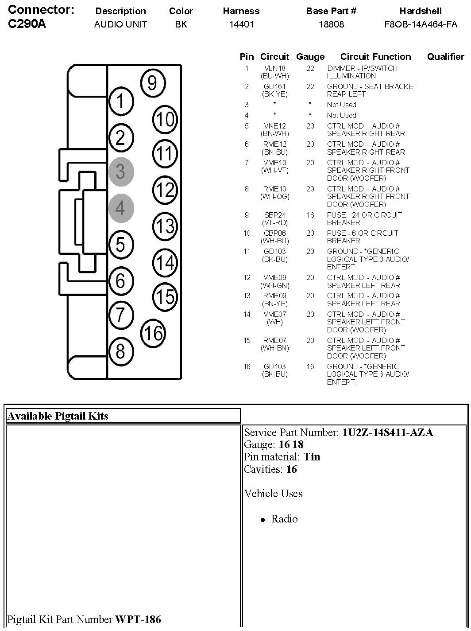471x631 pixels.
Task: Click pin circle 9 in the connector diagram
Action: click(x=152, y=83)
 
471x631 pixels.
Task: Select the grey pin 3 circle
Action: click(x=120, y=171)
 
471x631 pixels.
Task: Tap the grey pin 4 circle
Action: click(x=120, y=208)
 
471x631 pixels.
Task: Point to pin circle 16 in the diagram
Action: click(x=153, y=333)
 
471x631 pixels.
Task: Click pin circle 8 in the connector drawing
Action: click(x=120, y=351)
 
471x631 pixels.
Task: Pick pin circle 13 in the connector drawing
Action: click(x=165, y=226)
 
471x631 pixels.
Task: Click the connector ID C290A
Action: click(x=27, y=24)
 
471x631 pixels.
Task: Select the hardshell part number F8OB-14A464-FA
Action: click(x=421, y=24)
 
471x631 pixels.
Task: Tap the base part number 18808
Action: click(x=331, y=24)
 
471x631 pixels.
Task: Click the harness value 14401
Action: click(x=241, y=24)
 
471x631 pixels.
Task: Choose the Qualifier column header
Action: click(x=445, y=57)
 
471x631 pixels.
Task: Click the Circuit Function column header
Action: click(x=375, y=57)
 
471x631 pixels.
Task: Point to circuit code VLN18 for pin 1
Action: click(x=275, y=68)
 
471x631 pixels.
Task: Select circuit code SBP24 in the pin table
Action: click(x=275, y=215)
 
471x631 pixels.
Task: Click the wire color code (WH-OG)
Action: click(x=275, y=196)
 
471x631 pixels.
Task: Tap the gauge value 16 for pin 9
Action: click(x=310, y=215)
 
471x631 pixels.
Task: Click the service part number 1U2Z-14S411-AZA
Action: click(x=387, y=432)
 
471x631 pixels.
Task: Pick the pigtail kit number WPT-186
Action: click(x=138, y=619)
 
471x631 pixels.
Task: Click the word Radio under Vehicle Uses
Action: click(x=284, y=519)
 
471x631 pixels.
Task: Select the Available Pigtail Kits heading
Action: click(x=58, y=416)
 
